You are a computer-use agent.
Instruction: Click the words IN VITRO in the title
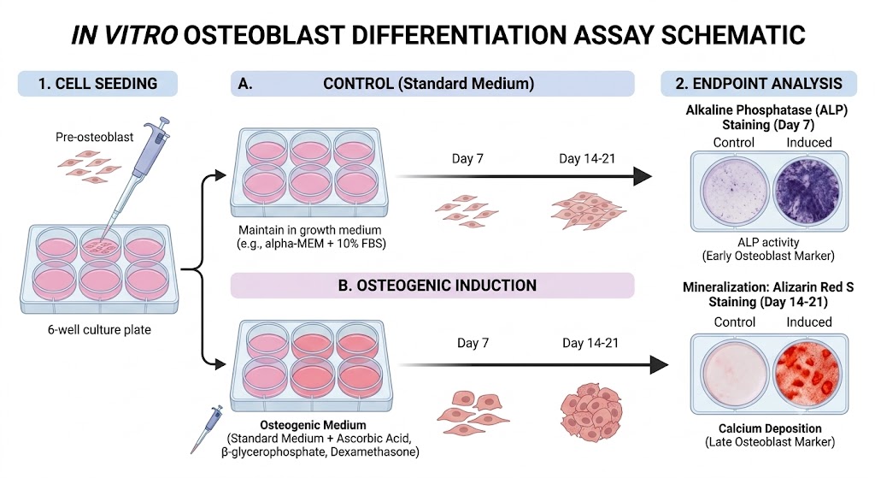124,34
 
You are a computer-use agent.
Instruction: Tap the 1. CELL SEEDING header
97,84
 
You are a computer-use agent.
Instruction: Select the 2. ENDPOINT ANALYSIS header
759,84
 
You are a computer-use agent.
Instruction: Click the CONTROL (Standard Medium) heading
429,84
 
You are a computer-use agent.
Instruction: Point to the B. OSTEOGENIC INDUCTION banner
432,286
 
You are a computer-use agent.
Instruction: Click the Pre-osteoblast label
94,137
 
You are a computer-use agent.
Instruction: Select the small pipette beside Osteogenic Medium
207,429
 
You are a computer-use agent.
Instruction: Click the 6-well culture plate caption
99,329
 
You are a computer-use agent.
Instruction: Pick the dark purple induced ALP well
807,191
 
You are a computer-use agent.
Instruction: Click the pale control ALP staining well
733,191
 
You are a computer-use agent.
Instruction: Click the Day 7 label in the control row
467,158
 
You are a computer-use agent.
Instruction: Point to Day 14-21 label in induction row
590,343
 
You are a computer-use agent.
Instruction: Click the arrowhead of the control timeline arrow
643,176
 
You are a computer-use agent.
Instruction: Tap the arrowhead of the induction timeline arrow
659,365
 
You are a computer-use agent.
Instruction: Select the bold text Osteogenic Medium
313,425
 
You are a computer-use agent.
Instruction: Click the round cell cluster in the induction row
591,411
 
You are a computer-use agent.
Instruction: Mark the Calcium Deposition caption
770,428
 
